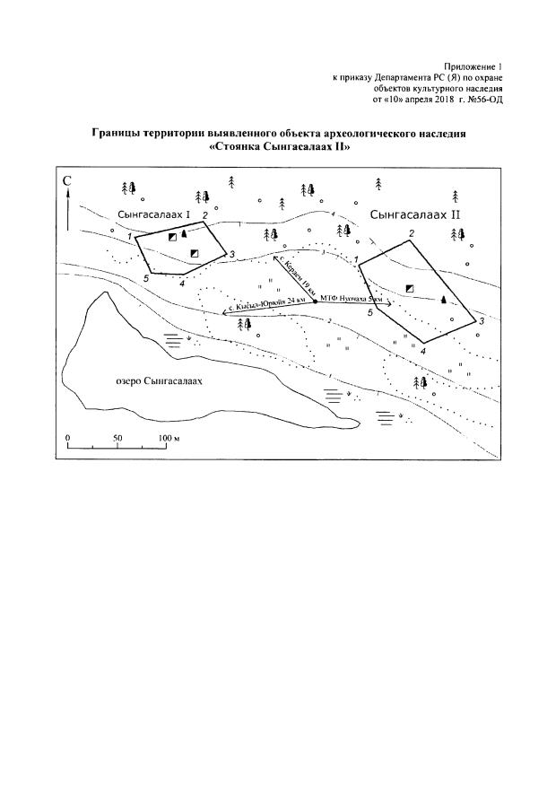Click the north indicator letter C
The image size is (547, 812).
[67, 183]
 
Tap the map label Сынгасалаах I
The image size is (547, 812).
[154, 216]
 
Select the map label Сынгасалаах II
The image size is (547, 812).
[414, 215]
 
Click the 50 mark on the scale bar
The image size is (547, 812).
[117, 437]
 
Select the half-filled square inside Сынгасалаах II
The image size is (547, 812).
[409, 288]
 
